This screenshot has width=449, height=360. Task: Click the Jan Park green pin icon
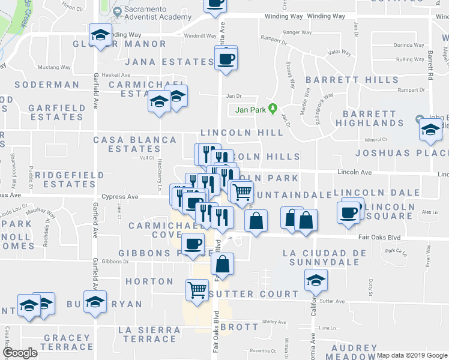point(273,109)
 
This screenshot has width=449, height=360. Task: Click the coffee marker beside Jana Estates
point(226,59)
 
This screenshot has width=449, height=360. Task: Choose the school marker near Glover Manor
point(100,35)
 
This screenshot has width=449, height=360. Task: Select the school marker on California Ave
point(316,280)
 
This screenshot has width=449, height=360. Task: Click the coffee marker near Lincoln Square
point(348,213)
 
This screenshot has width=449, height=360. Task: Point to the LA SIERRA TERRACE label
point(149,335)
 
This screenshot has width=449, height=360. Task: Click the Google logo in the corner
point(20,353)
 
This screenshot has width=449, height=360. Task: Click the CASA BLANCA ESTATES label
point(135,144)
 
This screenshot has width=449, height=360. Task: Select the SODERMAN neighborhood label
point(47,85)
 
